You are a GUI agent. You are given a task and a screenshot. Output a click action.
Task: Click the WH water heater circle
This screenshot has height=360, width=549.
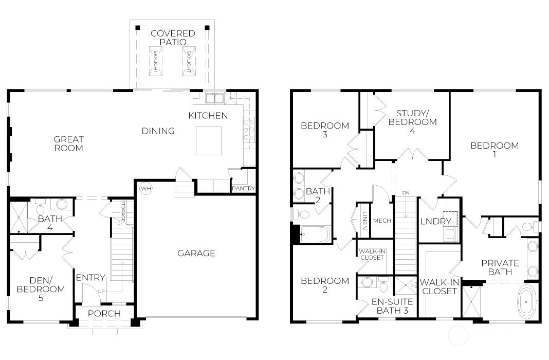[x=145, y=189]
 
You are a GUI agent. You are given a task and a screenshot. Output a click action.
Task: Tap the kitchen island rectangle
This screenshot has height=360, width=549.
[x=209, y=141]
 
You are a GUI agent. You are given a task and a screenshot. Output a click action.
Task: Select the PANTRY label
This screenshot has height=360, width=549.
[x=243, y=188]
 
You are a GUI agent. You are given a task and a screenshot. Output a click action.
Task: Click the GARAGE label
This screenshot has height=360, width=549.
[x=196, y=253]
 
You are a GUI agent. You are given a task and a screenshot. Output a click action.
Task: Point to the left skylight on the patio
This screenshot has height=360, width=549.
[x=155, y=61]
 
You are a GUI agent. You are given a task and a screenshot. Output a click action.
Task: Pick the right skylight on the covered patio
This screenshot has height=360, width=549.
[x=189, y=61]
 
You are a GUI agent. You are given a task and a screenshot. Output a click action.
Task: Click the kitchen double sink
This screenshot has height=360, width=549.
[x=215, y=98]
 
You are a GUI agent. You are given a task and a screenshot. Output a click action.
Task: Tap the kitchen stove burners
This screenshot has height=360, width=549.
[x=249, y=130]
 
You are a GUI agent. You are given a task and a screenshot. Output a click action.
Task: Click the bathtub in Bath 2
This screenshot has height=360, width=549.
[x=316, y=235]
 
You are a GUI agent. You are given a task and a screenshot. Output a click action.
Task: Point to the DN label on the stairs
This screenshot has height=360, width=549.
[x=406, y=193]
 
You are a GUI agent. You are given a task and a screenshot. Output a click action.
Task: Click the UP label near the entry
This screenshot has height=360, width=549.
[x=101, y=292]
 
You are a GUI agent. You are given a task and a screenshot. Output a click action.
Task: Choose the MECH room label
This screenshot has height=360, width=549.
[x=382, y=221]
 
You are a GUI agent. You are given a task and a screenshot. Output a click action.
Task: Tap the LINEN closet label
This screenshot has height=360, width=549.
[x=364, y=221]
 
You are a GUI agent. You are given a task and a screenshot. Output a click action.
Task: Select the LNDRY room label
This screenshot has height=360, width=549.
[x=436, y=221]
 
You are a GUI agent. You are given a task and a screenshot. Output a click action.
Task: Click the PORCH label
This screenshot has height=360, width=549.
[x=104, y=313]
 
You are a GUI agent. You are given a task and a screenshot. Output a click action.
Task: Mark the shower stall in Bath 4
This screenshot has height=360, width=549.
[x=19, y=218]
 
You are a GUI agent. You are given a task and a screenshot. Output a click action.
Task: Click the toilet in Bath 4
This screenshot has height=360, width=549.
[x=40, y=207]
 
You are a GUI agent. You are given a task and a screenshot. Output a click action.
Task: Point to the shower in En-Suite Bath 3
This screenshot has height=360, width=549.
[x=405, y=285]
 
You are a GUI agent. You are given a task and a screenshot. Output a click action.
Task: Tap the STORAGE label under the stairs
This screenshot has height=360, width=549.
[x=123, y=211]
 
